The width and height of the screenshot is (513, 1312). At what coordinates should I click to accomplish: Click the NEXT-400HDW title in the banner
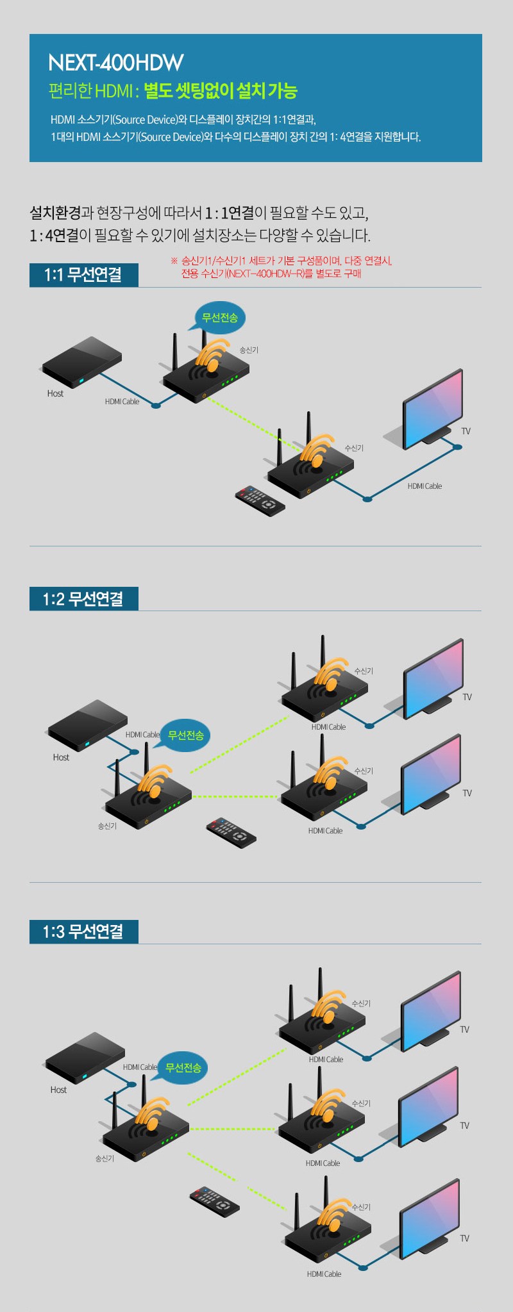click(x=116, y=63)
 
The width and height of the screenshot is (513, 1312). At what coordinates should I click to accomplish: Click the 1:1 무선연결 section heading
click(x=83, y=275)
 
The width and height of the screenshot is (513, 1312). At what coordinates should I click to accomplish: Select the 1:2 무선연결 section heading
click(x=83, y=599)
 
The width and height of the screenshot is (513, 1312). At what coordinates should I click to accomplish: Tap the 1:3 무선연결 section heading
click(x=83, y=931)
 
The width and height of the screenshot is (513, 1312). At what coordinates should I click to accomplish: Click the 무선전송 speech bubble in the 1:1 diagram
click(x=220, y=318)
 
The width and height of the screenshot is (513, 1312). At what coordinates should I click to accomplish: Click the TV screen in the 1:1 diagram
click(x=432, y=407)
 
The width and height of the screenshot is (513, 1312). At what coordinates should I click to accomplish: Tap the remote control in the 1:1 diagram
click(x=260, y=501)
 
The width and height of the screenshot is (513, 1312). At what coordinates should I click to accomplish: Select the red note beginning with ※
click(x=282, y=267)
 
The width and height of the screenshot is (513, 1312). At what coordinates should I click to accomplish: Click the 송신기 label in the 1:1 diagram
click(x=249, y=350)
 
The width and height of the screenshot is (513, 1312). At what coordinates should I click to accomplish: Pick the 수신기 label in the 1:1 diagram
click(x=354, y=448)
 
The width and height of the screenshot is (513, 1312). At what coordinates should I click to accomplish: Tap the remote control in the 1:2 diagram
click(x=231, y=833)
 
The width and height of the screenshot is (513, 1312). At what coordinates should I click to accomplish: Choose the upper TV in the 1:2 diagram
click(x=433, y=676)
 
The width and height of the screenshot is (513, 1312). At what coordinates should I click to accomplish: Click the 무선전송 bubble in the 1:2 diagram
click(x=185, y=735)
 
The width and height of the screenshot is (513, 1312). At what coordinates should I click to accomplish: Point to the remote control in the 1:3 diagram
click(x=215, y=1201)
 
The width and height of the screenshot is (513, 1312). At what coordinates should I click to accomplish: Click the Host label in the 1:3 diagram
click(x=58, y=1090)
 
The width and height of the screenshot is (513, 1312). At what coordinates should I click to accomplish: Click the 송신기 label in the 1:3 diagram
click(x=105, y=1158)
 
